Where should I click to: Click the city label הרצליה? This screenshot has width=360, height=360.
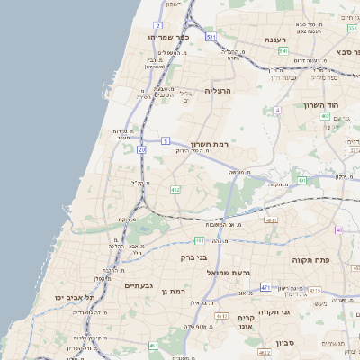click(x=219, y=91)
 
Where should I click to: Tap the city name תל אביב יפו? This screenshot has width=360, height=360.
click(x=68, y=297)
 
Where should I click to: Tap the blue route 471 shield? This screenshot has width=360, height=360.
click(x=265, y=288)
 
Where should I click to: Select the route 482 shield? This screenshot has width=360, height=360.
click(x=175, y=189)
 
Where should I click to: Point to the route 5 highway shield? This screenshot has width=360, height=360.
click(x=166, y=140)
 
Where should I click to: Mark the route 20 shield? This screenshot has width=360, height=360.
click(x=141, y=150)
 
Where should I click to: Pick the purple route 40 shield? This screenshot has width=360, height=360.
click(x=338, y=229)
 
